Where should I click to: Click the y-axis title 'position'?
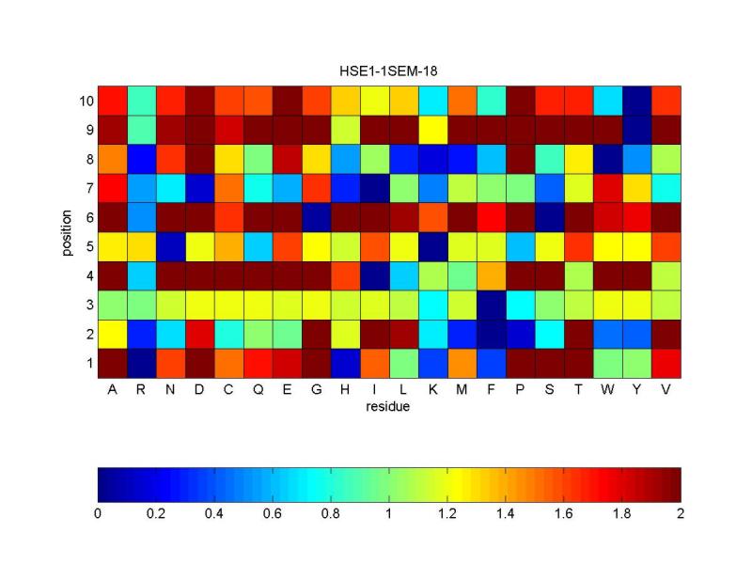pos(69,232)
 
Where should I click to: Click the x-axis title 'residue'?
pos(389,407)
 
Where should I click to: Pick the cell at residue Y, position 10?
pos(637,101)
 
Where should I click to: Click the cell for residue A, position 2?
pos(113,334)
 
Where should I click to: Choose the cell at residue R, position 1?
pos(142,363)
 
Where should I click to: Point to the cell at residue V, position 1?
pos(666,363)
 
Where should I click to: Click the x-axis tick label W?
pos(608,390)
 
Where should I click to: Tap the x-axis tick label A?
pos(113,390)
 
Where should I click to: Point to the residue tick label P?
pos(521,390)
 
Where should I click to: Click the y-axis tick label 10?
pos(86,101)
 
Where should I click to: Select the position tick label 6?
pos(88,217)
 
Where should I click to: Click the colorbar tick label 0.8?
pos(331,514)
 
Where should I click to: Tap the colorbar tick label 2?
pos(681,514)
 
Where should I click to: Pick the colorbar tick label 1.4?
pos(506,514)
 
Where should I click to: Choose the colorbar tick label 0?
pos(98,514)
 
